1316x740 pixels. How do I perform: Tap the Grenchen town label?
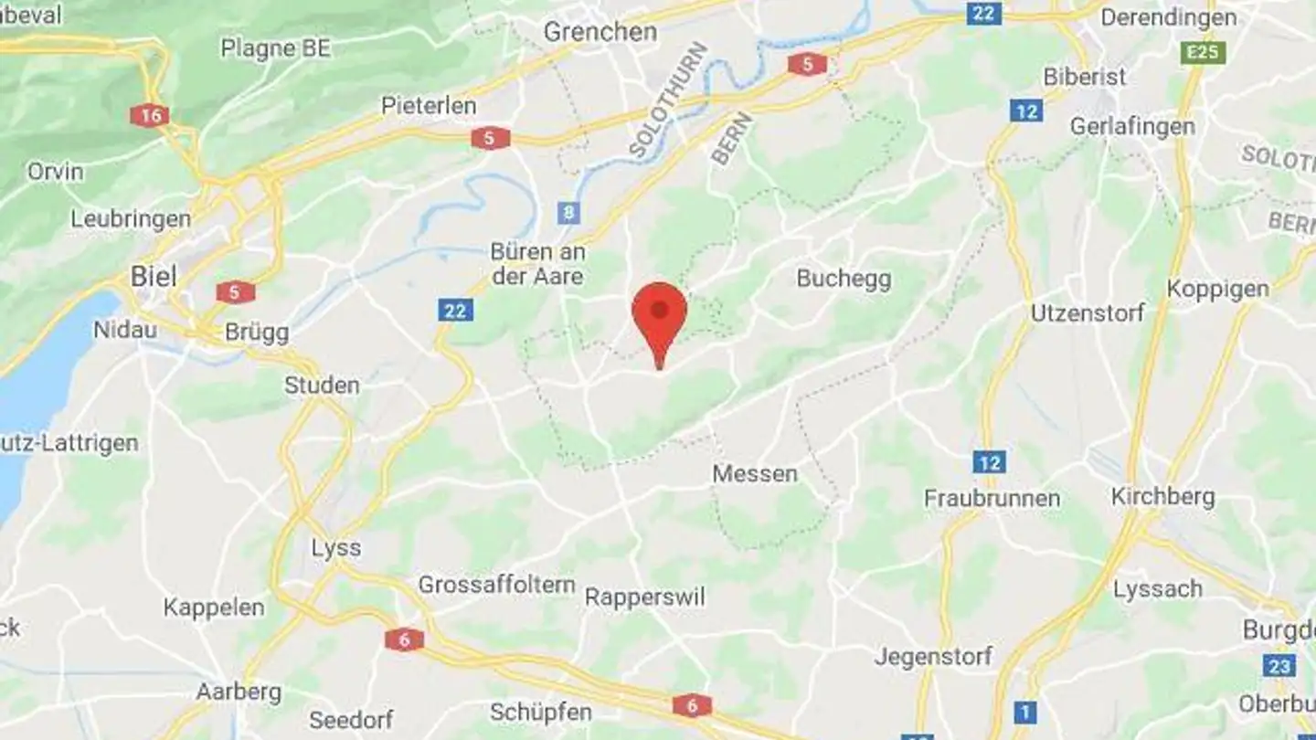[600, 32]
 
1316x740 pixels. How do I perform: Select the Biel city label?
[154, 276]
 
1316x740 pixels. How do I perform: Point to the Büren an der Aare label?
[537, 263]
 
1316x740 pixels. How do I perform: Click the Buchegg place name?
[844, 279]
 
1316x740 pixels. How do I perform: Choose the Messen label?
[755, 474]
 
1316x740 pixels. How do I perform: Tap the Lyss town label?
[335, 548]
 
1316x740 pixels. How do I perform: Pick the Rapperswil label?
[645, 597]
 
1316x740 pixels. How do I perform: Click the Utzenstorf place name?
[1088, 313]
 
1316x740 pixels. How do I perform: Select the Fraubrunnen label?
[992, 499]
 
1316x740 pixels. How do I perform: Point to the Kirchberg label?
[1162, 497]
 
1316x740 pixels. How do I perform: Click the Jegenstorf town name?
[932, 656]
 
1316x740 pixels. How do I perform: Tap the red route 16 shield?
[149, 115]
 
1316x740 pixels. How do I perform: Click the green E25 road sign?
[1203, 52]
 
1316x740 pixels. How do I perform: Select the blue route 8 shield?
[569, 213]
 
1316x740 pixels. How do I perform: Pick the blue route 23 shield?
[1279, 665]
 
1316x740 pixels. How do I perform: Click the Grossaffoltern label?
[496, 585]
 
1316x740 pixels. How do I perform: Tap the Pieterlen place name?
[429, 106]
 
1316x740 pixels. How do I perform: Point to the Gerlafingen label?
[1132, 126]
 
